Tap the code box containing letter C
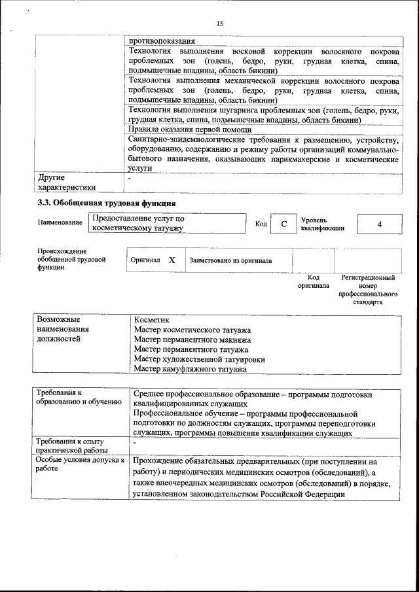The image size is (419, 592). (x=283, y=224)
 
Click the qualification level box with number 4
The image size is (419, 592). (x=380, y=224)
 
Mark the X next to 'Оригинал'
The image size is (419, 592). (x=172, y=260)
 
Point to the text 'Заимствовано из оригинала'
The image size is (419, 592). (x=230, y=260)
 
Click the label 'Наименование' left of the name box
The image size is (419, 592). (x=60, y=223)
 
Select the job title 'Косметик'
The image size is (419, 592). (x=151, y=321)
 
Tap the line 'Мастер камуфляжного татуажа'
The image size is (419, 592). (x=190, y=370)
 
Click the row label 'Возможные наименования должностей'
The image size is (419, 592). (x=63, y=330)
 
